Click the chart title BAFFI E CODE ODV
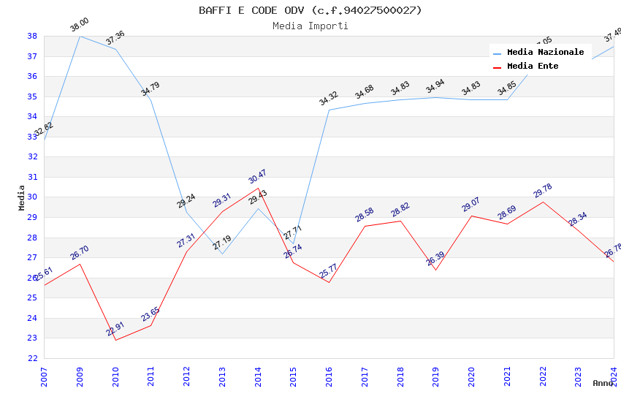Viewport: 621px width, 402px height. click(x=310, y=10)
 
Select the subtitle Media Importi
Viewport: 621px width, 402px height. click(x=310, y=26)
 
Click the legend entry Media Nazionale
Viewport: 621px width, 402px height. click(x=545, y=53)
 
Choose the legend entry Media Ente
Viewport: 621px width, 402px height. click(x=533, y=67)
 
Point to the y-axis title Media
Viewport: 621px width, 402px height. click(x=22, y=197)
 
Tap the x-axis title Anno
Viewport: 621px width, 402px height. click(x=603, y=383)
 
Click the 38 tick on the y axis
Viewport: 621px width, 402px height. click(x=32, y=36)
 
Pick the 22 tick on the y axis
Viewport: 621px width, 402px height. click(x=32, y=358)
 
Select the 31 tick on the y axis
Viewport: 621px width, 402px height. click(x=32, y=177)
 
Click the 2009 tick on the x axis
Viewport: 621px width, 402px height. click(x=80, y=377)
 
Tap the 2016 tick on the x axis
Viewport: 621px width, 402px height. click(x=329, y=377)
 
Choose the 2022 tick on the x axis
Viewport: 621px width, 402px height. click(x=543, y=377)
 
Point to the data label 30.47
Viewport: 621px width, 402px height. click(x=257, y=177)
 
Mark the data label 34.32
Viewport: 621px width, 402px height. click(x=329, y=99)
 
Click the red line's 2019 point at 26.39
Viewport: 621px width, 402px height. click(x=436, y=270)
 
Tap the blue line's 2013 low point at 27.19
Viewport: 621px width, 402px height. click(x=222, y=254)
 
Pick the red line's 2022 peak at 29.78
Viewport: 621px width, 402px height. click(x=543, y=202)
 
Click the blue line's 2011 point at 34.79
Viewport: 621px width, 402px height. click(x=151, y=101)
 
